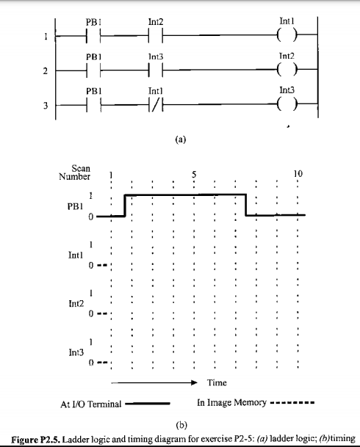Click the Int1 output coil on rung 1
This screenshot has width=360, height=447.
(x=285, y=34)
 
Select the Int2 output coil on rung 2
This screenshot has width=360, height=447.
(x=285, y=70)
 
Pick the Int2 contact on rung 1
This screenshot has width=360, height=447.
(x=155, y=34)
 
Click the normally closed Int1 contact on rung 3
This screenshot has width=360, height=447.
(x=155, y=106)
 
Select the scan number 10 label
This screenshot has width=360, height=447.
(x=298, y=175)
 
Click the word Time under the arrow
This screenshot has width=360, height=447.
(x=217, y=382)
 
